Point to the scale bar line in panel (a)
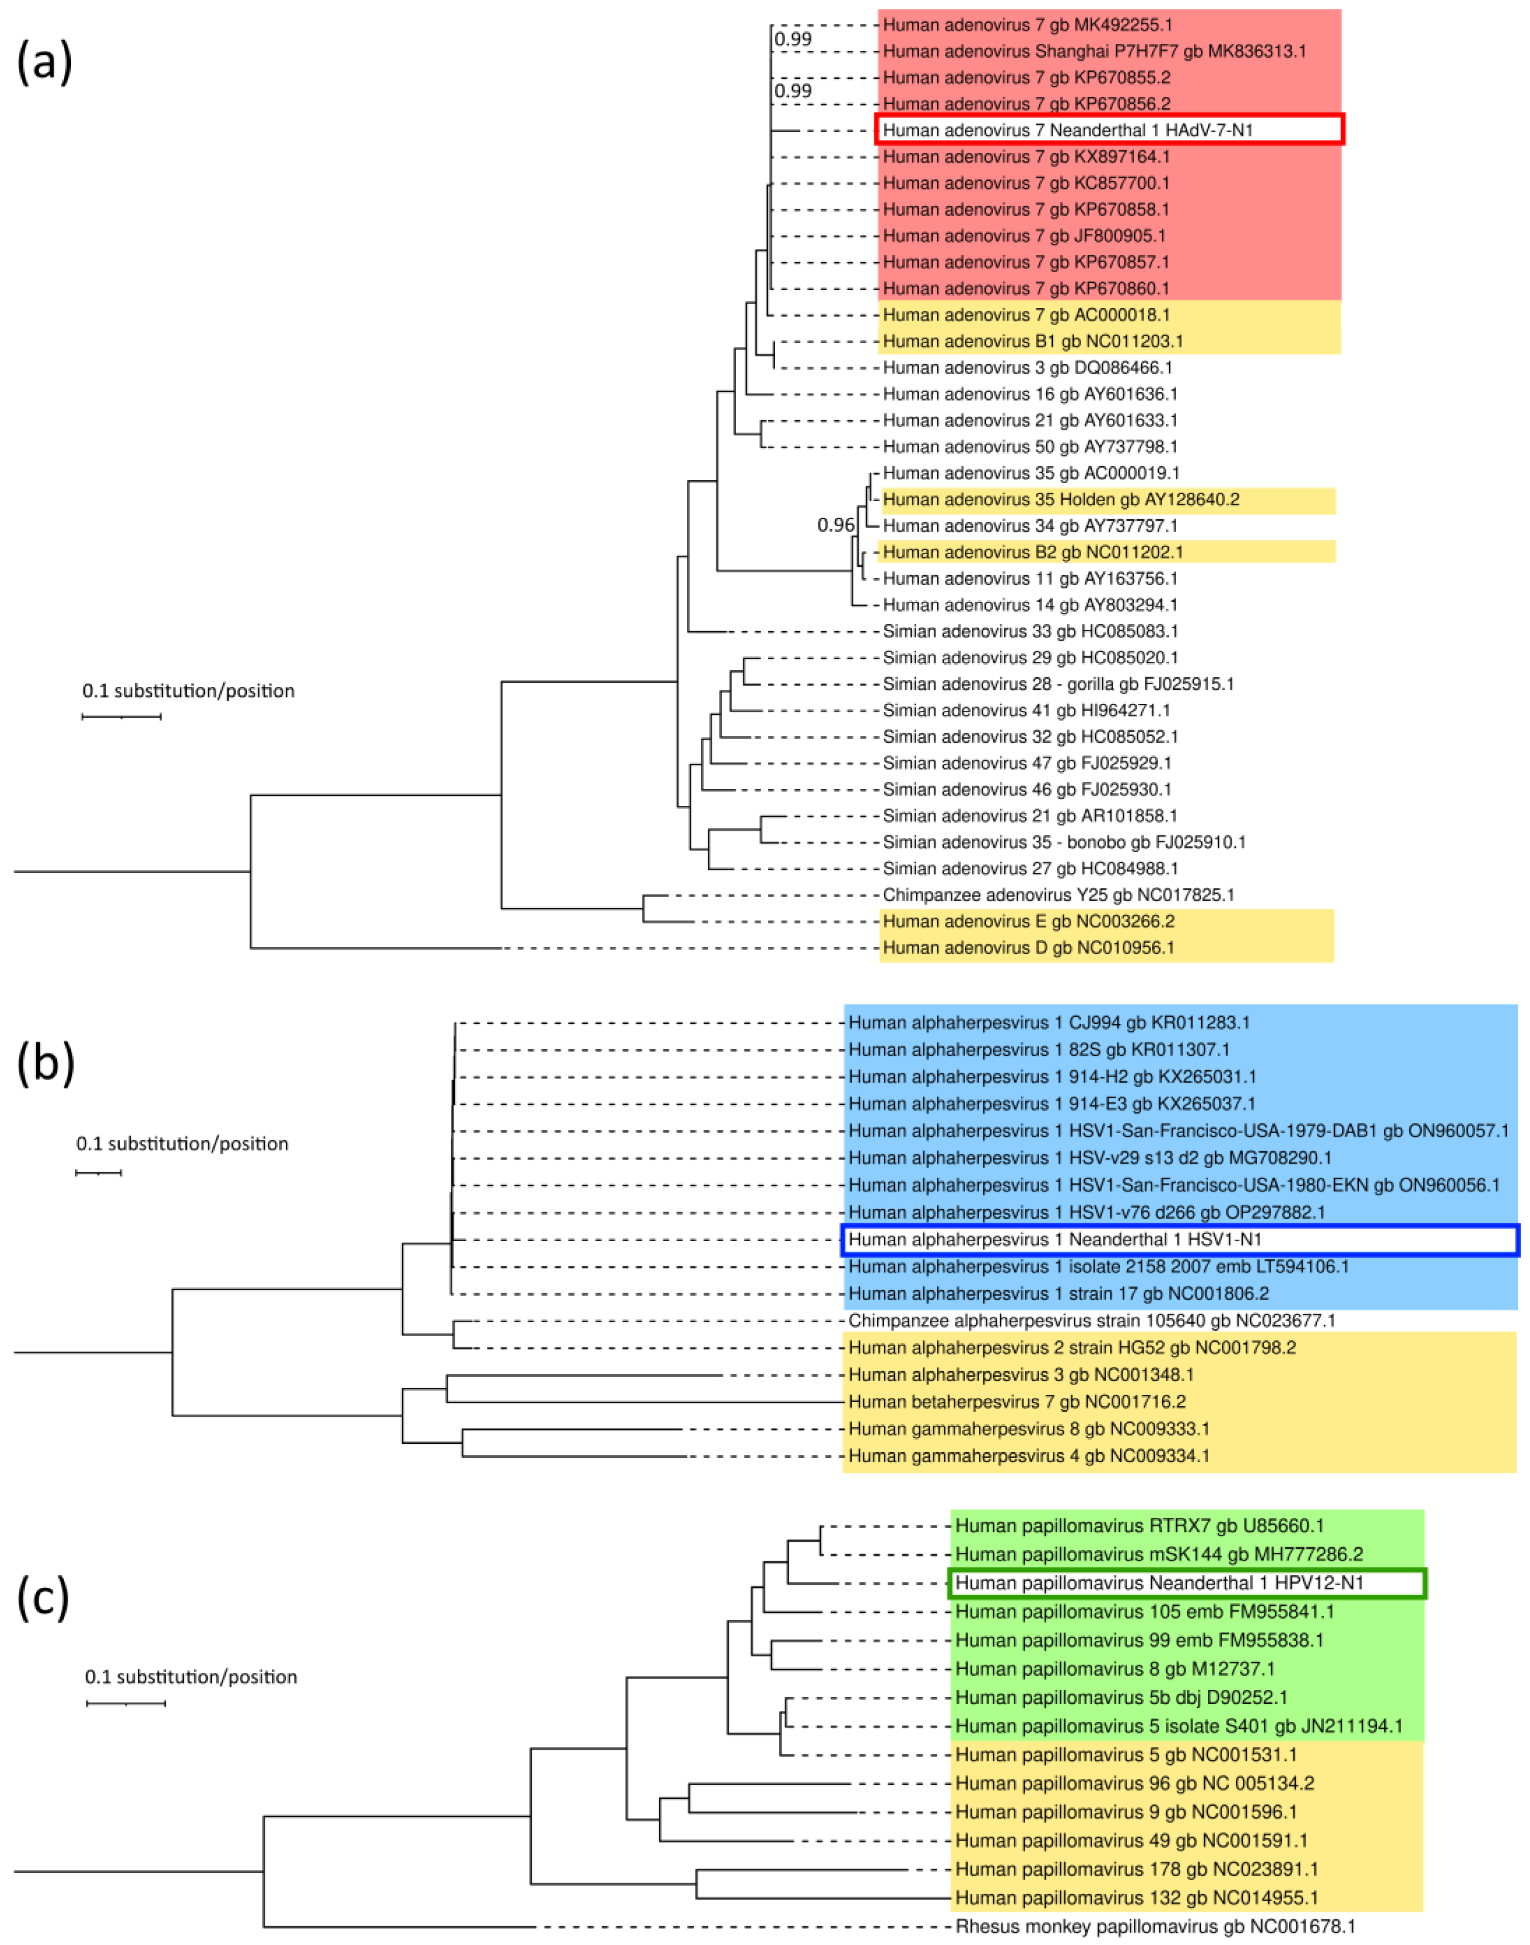tap(122, 717)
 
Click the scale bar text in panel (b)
tap(182, 1144)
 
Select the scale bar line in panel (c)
tap(125, 1702)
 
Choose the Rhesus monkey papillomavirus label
tap(1155, 1926)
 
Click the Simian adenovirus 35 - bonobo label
tap(1063, 842)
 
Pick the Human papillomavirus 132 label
tap(1136, 1897)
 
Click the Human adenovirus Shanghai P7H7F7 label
tap(1094, 51)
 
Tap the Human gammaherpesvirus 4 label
tap(1029, 1456)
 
